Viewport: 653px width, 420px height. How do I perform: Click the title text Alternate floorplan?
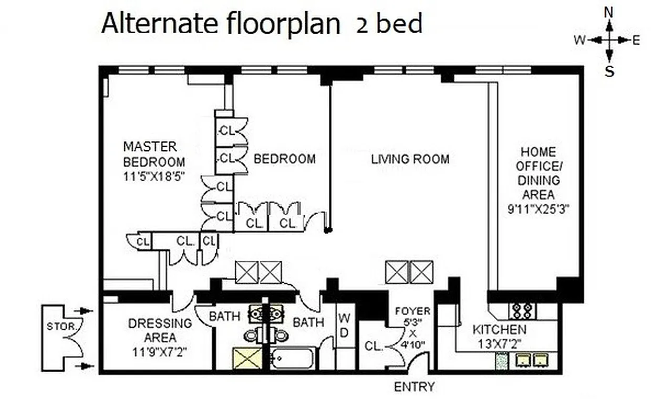(x=221, y=24)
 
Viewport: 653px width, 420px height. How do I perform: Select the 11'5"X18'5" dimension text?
(x=154, y=176)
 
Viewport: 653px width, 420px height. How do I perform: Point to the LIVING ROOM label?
(x=410, y=159)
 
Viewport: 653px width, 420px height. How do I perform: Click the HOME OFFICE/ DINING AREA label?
(x=538, y=173)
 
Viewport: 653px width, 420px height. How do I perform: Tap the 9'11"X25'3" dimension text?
(x=538, y=208)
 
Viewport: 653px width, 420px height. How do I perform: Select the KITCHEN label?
(x=499, y=330)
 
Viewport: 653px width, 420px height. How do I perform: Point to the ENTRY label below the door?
(x=414, y=387)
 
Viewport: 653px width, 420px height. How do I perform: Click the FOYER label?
(x=412, y=311)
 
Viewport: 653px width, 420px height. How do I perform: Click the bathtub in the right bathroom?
(x=293, y=359)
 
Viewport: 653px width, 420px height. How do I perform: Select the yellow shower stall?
(x=247, y=359)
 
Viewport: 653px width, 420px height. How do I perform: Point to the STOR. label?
(x=56, y=326)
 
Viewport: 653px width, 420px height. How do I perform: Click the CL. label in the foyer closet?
(x=374, y=346)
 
